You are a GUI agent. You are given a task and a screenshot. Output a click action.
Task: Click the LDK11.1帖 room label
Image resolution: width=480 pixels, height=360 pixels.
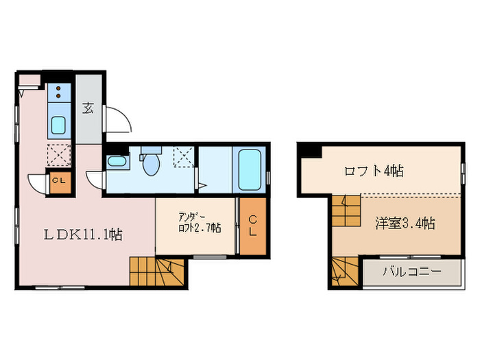[x=84, y=235]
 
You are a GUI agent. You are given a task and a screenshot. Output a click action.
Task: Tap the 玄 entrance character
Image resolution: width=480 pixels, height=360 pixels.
[x=89, y=108]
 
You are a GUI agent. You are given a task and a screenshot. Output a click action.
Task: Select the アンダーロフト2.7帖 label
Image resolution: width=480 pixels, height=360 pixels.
[x=195, y=224]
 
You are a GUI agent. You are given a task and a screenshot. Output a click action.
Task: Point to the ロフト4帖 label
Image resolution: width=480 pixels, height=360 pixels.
[x=373, y=171]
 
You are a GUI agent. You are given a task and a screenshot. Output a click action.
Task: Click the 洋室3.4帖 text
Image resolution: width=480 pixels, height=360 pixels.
[x=405, y=223]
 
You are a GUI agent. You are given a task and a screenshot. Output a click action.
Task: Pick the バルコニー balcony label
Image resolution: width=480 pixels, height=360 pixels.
[x=411, y=272]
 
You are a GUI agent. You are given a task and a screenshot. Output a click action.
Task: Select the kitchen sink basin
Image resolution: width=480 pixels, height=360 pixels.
[x=58, y=125]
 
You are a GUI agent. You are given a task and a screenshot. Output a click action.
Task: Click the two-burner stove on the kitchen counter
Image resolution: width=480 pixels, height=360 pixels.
[x=59, y=93]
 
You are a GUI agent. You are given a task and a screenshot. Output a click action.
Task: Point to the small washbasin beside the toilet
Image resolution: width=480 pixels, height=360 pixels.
[x=117, y=162]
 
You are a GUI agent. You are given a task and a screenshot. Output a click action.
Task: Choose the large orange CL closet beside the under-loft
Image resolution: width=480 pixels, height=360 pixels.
[x=252, y=226]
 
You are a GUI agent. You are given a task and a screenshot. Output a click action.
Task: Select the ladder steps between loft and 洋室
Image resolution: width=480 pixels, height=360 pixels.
[x=346, y=211]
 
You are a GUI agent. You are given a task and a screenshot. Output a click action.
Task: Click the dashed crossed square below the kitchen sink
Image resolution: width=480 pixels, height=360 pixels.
[x=58, y=154]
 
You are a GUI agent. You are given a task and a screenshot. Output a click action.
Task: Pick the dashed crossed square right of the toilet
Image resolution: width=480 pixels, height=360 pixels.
[x=183, y=157]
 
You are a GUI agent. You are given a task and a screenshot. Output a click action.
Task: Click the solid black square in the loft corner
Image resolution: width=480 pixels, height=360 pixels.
[x=306, y=152]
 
